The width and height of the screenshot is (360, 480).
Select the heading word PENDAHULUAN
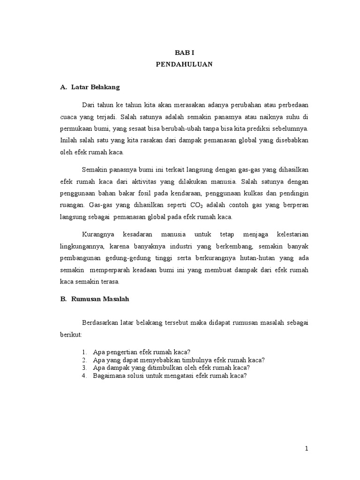(184, 65)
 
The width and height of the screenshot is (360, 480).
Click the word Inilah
(69, 140)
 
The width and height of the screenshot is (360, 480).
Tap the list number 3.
(84, 367)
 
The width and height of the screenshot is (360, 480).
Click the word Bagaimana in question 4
(108, 375)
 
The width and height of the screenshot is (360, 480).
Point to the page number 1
(307, 449)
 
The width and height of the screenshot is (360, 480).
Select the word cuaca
(69, 116)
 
